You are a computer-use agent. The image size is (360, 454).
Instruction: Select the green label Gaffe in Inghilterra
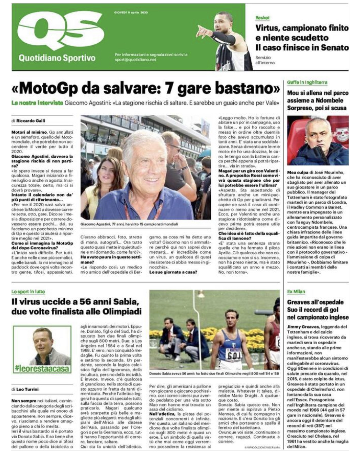click(307, 82)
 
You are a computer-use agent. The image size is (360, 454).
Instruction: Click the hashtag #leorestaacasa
click(42, 369)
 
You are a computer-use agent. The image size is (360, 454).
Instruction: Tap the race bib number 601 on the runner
click(234, 356)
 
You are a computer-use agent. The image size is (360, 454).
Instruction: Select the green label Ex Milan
click(296, 291)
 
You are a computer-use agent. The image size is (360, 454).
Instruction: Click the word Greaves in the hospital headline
click(300, 302)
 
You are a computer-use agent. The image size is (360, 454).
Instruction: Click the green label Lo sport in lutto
click(28, 291)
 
